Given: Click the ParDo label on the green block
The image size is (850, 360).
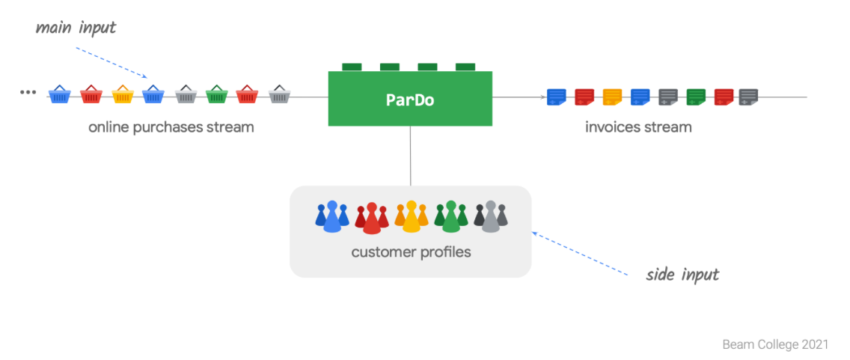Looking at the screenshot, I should (x=410, y=99).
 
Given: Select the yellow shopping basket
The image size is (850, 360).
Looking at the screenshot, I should (x=122, y=95).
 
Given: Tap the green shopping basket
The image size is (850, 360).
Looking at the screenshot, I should (x=216, y=95).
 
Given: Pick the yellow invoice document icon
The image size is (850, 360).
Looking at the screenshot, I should (x=613, y=97).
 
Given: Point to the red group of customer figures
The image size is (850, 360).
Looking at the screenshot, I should (x=372, y=218).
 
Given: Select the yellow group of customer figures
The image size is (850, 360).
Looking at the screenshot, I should (x=411, y=216).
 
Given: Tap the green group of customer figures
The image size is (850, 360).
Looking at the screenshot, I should (x=450, y=216).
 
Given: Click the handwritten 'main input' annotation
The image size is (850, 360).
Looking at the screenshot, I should (x=76, y=28).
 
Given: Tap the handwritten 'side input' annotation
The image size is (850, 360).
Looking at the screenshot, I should (x=682, y=274).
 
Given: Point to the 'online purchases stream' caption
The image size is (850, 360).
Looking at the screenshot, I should (x=171, y=127).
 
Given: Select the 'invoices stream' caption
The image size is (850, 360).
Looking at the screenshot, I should (x=638, y=127).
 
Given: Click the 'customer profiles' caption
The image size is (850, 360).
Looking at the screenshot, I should (x=411, y=251).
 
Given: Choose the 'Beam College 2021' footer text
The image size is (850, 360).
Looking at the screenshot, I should (x=775, y=345).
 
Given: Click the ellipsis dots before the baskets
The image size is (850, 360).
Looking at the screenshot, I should (x=28, y=92).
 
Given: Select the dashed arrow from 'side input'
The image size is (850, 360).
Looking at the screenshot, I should (x=580, y=254).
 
